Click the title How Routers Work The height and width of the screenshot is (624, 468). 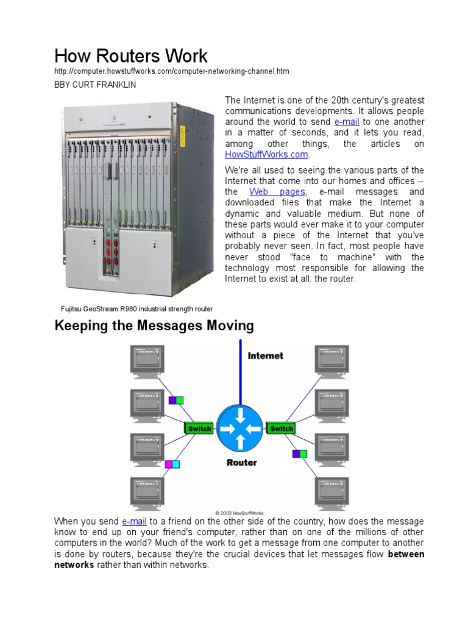click(x=131, y=56)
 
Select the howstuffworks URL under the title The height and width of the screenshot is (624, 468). click(x=172, y=72)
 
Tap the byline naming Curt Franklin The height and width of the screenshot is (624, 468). click(x=95, y=85)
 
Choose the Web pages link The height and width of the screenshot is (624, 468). click(x=277, y=191)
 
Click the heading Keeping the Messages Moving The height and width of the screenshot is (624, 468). click(x=154, y=326)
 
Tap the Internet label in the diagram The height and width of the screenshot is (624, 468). click(x=265, y=356)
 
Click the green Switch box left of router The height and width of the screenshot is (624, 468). click(x=199, y=428)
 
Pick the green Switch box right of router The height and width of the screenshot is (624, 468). click(x=281, y=428)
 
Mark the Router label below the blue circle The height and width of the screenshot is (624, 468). click(x=241, y=463)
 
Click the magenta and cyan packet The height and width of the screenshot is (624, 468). click(x=172, y=464)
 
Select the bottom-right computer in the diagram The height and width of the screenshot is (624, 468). click(x=332, y=492)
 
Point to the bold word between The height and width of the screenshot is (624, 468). click(x=406, y=555)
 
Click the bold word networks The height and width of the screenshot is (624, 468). click(x=74, y=565)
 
